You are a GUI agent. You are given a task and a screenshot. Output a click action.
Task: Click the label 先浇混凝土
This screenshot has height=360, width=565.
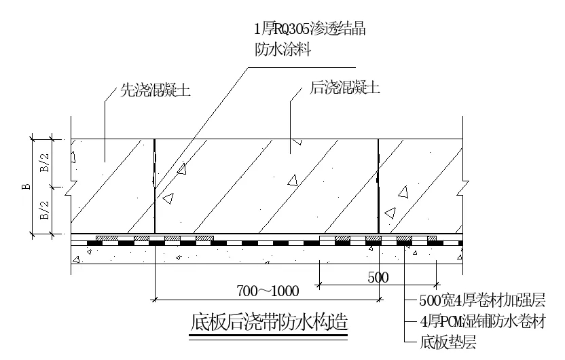pos(156,90)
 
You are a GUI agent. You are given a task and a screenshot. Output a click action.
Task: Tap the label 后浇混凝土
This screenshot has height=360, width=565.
pos(344,88)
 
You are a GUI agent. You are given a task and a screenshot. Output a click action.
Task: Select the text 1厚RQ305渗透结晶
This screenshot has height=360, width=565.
pos(310,29)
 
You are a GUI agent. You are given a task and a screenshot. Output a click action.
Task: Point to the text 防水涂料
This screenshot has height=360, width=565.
pos(283,50)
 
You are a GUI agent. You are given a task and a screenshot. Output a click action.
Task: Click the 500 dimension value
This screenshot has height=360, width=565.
pos(378,278)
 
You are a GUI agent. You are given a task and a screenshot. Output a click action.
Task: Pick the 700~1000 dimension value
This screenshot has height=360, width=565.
pos(268,291)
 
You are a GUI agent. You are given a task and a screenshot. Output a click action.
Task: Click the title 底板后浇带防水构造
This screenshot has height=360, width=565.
pos(269,322)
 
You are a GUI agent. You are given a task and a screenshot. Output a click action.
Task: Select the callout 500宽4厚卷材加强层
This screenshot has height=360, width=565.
pos(482,300)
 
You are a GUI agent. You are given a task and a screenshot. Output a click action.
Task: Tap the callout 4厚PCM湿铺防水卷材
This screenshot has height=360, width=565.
pos(483,321)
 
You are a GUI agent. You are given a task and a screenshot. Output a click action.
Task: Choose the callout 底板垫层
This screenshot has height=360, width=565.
pos(448,342)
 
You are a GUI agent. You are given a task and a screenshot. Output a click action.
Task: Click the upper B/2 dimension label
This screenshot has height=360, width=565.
pos(45,163)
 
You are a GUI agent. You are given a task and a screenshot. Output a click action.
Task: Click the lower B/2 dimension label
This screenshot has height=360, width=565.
pos(45,211)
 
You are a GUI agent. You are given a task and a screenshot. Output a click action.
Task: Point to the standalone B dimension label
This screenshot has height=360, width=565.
pos(27,187)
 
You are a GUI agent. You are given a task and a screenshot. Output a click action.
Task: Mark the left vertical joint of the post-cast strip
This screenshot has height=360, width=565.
pos(155,186)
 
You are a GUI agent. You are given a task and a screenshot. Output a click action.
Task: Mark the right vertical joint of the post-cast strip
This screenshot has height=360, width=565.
pos(378,186)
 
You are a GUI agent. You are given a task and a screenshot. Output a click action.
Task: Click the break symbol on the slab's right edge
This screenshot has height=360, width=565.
pos(462,187)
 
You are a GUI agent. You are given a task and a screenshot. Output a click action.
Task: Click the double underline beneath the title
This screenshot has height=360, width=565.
pos(268,337)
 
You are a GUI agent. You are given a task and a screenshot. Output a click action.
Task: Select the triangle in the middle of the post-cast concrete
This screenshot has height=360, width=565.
pos(293,181)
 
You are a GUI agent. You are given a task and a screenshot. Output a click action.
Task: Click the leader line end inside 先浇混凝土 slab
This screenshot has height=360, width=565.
pos(105,162)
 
